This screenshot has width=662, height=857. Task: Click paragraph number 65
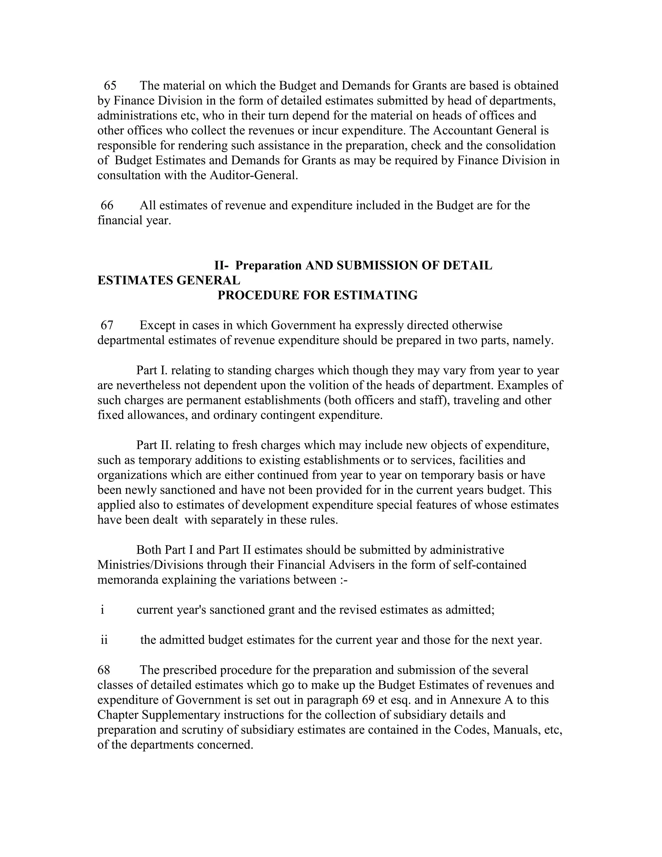(110, 86)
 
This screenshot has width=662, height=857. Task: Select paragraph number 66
(107, 205)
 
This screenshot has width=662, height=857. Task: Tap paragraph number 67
(107, 325)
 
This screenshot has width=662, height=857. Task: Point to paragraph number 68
(104, 670)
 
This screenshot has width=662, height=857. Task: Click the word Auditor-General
(254, 175)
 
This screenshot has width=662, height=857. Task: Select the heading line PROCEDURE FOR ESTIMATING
(318, 296)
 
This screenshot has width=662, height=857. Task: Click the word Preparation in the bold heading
(269, 266)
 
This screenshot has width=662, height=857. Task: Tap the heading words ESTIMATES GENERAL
(169, 281)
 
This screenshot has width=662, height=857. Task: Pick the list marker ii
(104, 640)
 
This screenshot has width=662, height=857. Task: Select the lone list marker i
(102, 610)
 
